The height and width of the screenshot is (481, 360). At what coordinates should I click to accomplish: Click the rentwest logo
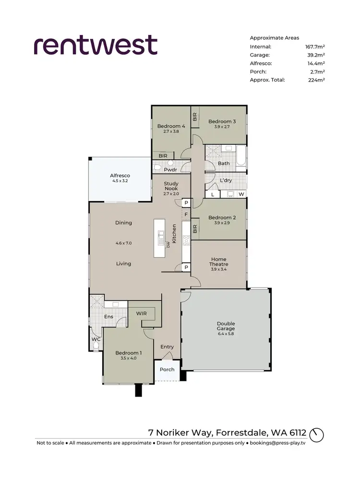tap(96, 45)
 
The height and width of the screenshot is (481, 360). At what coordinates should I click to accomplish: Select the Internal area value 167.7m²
tap(315, 47)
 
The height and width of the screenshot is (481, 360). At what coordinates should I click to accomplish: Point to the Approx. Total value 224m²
tap(317, 80)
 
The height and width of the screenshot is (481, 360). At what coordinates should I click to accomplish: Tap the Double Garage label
tap(226, 326)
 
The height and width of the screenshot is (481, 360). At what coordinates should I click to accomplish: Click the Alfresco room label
tap(120, 176)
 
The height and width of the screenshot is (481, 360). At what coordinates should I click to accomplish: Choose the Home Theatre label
tap(218, 262)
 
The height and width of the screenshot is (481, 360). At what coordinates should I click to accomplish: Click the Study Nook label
tap(171, 186)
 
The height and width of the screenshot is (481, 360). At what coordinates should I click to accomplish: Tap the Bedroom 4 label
tap(171, 126)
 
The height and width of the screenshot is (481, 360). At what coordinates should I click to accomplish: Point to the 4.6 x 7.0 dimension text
tap(123, 243)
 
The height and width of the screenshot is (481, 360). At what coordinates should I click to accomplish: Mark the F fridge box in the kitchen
tap(186, 214)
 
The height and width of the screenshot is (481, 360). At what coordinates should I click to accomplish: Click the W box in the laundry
tap(241, 194)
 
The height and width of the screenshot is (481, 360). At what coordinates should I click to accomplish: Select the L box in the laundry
tap(212, 194)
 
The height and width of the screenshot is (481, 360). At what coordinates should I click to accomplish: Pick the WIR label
tap(141, 313)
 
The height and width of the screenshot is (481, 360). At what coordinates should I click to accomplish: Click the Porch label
tap(167, 369)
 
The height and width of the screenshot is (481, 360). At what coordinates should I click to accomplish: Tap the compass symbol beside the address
tap(317, 435)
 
